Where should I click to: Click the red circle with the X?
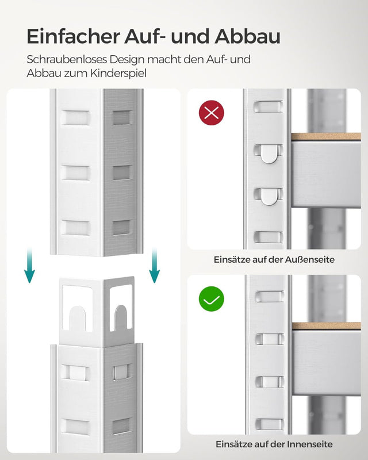pos(211,113)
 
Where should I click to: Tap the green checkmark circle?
pos(211,299)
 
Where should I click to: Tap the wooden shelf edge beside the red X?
pos(325,137)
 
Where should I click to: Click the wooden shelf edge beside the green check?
pos(325,325)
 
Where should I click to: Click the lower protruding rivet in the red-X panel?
pos(269,196)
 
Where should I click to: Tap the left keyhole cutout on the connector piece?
pos(77,317)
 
